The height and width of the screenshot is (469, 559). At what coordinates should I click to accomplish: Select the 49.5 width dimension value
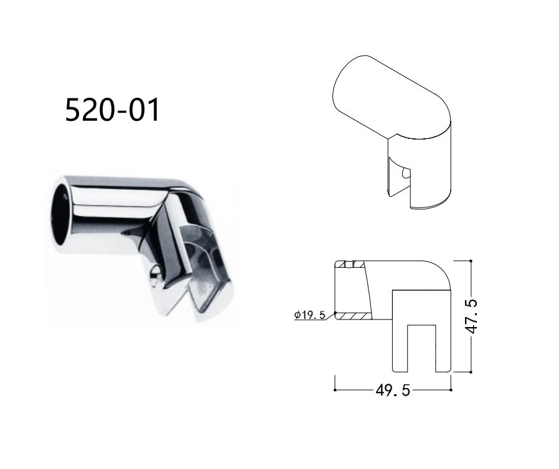(x=392, y=391)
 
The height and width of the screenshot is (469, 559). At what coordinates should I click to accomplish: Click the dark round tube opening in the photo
(x=63, y=212)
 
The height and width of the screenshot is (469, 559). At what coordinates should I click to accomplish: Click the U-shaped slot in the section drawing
(x=421, y=346)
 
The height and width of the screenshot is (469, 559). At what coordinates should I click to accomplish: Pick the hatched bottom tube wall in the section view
(x=355, y=316)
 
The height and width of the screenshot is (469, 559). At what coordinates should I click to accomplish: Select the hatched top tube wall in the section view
(x=349, y=264)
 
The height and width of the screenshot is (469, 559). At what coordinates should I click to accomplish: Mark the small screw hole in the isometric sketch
(x=405, y=172)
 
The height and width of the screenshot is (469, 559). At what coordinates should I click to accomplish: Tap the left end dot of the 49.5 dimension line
(x=335, y=391)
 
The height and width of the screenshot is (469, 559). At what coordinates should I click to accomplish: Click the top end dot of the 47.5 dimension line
(x=471, y=260)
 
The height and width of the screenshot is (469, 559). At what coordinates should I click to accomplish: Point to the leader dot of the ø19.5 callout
(x=335, y=313)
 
